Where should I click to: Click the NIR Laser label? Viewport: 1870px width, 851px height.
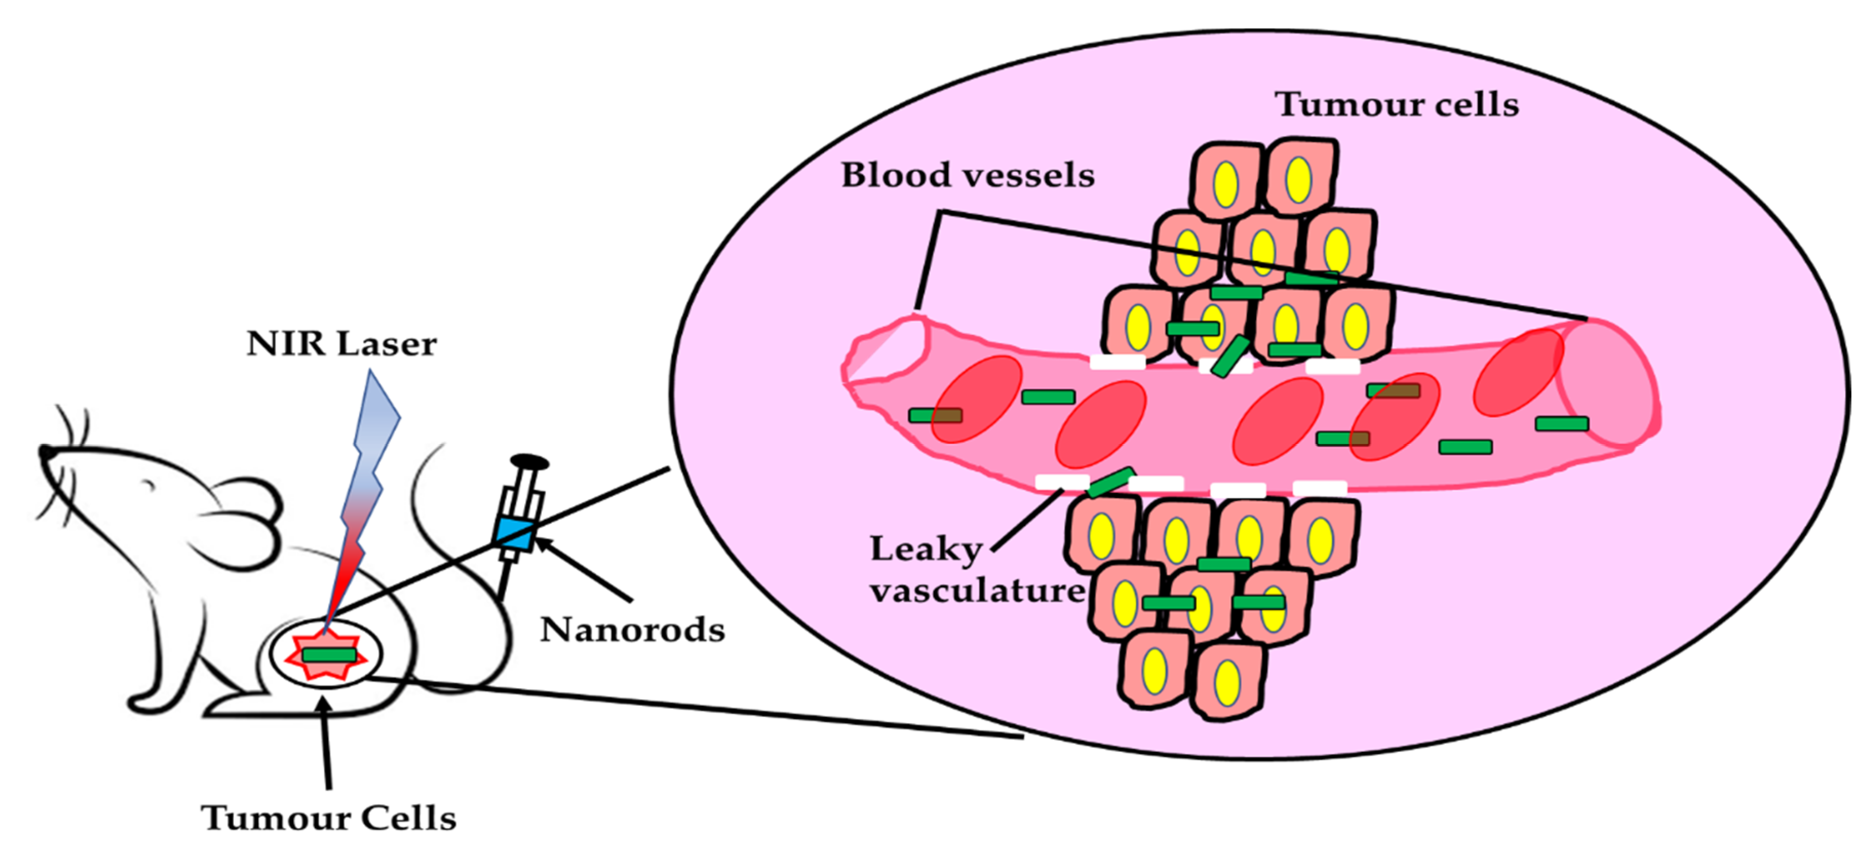(x=341, y=344)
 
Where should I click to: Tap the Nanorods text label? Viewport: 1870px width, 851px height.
(x=632, y=630)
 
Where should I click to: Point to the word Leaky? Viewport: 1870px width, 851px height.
(x=926, y=549)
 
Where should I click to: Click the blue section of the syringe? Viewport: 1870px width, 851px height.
(x=515, y=533)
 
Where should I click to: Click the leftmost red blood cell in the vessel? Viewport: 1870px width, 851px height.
(x=977, y=399)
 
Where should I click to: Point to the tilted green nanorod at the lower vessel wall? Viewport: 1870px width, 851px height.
(x=1110, y=482)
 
